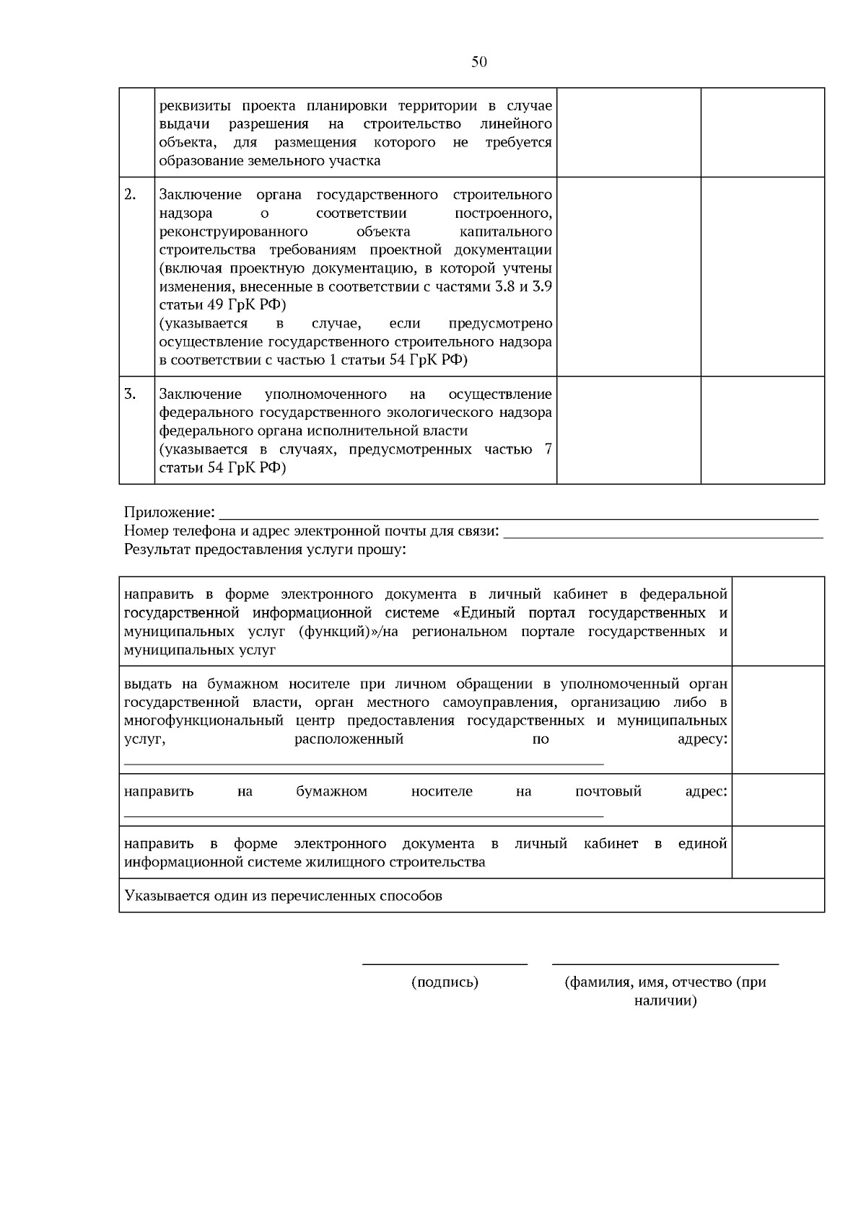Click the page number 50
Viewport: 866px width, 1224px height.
(479, 62)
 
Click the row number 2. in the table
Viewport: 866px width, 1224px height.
(130, 195)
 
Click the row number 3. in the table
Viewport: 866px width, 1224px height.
(130, 394)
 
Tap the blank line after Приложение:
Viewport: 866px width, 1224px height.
(518, 516)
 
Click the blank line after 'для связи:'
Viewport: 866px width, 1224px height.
(662, 535)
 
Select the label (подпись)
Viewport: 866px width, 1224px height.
(445, 982)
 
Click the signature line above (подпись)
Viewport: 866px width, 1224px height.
(445, 964)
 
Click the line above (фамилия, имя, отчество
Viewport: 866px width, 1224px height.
(665, 964)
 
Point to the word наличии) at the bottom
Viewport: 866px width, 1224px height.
(665, 1001)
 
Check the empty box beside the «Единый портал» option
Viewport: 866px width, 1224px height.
(778, 621)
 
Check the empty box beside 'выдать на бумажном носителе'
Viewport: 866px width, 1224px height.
(778, 719)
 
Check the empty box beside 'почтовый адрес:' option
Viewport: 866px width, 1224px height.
(778, 799)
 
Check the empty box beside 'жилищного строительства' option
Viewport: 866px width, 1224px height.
(778, 852)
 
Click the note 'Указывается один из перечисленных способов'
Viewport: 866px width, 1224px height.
(283, 896)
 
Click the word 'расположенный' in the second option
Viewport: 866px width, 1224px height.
(349, 739)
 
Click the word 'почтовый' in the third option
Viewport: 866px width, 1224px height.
(608, 791)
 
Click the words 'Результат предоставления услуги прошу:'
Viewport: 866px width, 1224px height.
(266, 550)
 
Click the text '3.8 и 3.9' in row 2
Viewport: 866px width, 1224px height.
(524, 286)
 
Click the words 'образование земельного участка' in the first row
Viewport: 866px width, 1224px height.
(269, 161)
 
